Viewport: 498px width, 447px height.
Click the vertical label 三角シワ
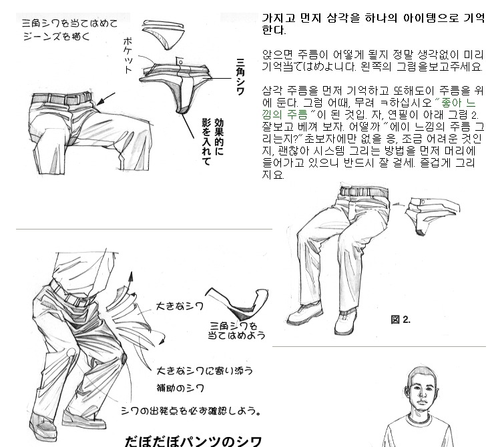(240, 77)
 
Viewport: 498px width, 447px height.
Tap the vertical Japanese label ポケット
(128, 55)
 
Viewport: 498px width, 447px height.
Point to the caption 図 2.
(401, 320)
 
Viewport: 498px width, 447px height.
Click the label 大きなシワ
(180, 306)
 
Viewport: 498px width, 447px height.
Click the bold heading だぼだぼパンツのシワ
(193, 441)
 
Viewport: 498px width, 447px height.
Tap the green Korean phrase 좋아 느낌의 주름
(368, 108)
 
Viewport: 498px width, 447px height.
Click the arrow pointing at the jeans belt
(105, 99)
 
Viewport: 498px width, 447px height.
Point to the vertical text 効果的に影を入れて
(213, 141)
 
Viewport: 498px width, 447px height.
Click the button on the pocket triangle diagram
(180, 61)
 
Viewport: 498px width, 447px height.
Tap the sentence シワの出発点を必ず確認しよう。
(191, 411)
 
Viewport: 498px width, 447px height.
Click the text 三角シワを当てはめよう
(236, 330)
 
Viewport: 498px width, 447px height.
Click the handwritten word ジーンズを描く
(57, 37)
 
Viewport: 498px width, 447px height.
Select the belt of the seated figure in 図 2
(364, 191)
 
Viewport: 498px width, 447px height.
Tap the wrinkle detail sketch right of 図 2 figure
(431, 215)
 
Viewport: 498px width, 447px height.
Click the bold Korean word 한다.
(274, 30)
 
